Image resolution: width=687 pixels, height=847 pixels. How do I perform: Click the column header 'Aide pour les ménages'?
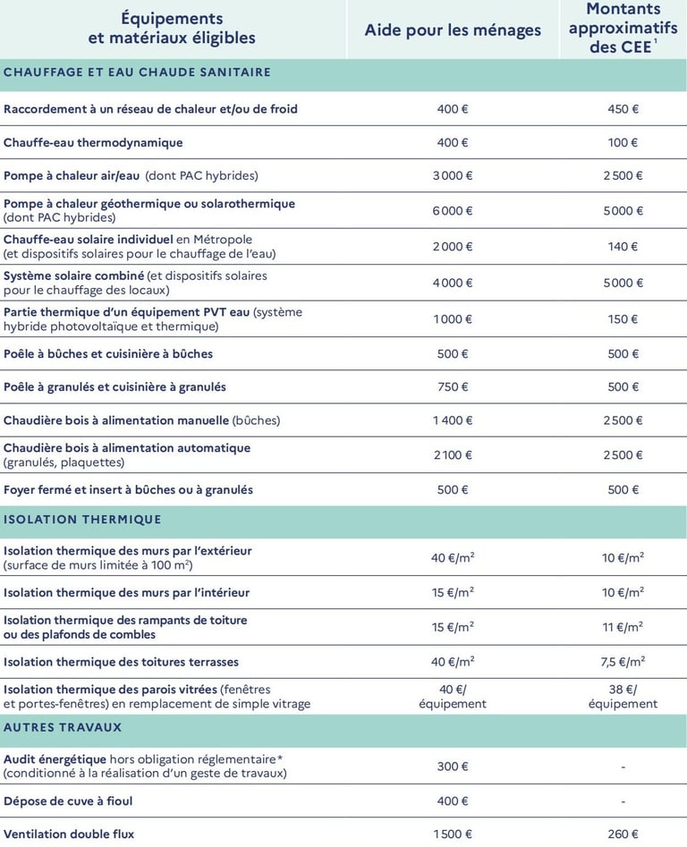(453, 30)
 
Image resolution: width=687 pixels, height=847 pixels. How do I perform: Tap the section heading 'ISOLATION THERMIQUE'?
(82, 519)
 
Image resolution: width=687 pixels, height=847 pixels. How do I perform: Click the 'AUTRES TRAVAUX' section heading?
(63, 727)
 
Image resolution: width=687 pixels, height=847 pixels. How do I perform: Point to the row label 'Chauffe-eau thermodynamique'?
(93, 142)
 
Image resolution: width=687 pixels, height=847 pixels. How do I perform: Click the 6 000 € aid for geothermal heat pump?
(453, 211)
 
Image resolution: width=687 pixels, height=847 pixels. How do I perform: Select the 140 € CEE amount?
(623, 247)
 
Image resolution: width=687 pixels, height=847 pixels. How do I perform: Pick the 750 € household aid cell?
(453, 387)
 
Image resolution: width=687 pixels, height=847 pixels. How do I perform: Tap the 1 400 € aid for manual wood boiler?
(453, 420)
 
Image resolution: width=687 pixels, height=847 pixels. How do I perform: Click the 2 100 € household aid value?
(453, 455)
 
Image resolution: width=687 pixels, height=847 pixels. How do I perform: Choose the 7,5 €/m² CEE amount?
(623, 662)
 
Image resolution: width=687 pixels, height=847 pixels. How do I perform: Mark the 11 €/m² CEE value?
(623, 627)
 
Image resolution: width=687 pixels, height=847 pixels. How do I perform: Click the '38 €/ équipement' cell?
(623, 697)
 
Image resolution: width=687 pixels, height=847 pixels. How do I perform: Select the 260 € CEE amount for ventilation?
(623, 834)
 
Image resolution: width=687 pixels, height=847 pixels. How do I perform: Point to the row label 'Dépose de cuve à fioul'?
(68, 800)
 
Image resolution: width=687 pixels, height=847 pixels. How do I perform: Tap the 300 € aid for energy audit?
(453, 767)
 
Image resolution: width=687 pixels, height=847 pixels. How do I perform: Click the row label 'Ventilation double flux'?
(69, 834)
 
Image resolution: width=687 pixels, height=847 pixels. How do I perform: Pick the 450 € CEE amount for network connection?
(623, 109)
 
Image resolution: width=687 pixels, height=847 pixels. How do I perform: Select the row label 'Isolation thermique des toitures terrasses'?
(121, 662)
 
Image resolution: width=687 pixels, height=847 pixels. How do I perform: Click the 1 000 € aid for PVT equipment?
(453, 319)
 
